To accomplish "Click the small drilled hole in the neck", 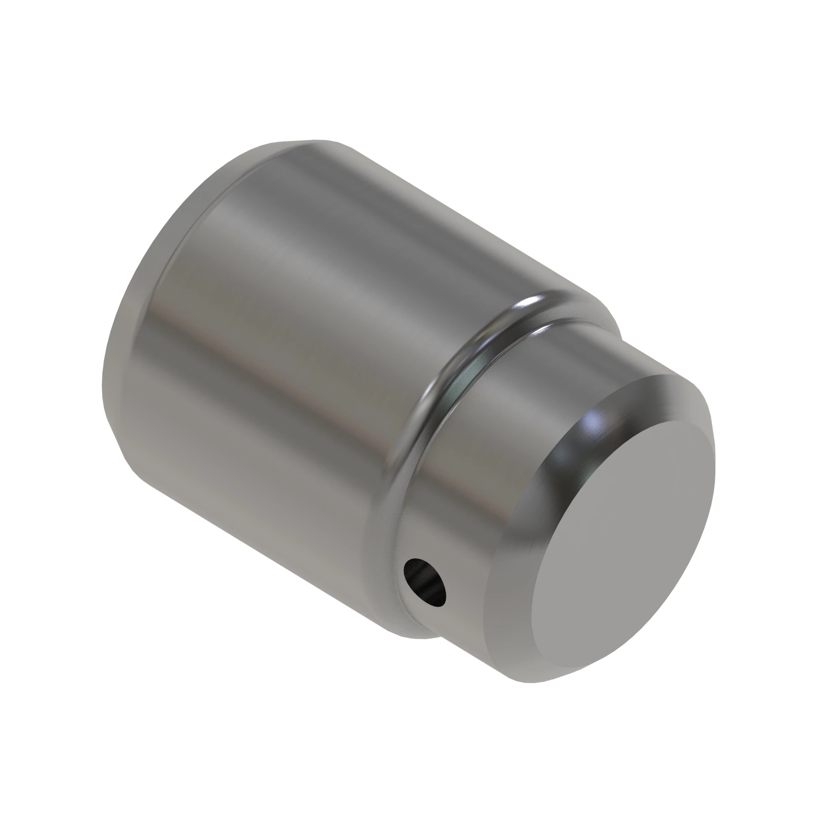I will [425, 582].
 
